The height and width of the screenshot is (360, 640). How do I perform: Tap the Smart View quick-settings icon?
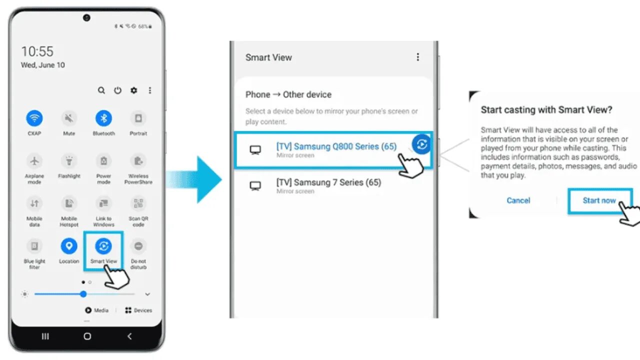pyautogui.click(x=103, y=246)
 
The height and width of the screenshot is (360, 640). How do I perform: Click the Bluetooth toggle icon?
pyautogui.click(x=103, y=118)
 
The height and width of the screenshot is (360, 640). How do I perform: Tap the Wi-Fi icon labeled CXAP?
pyautogui.click(x=34, y=118)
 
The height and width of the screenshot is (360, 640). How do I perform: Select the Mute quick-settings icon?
pyautogui.click(x=69, y=118)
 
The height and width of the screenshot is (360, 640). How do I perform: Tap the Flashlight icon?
pyautogui.click(x=69, y=161)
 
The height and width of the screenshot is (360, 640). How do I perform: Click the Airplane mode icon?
pyautogui.click(x=34, y=161)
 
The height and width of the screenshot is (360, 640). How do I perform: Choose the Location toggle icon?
pyautogui.click(x=69, y=246)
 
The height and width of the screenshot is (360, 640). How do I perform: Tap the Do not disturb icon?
pyautogui.click(x=138, y=246)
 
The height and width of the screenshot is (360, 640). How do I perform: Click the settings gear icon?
pyautogui.click(x=133, y=90)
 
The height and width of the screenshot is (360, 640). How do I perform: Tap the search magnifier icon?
pyautogui.click(x=101, y=90)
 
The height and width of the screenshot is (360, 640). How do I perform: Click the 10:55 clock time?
pyautogui.click(x=37, y=51)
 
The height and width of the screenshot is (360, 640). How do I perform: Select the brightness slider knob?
pyautogui.click(x=83, y=294)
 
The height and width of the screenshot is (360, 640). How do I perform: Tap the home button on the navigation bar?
pyautogui.click(x=87, y=336)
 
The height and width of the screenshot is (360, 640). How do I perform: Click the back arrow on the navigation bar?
pyautogui.click(x=129, y=336)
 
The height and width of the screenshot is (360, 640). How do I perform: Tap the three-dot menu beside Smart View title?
pyautogui.click(x=418, y=57)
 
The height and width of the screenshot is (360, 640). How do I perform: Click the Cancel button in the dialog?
pyautogui.click(x=518, y=200)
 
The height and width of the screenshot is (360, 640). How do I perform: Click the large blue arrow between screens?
pyautogui.click(x=200, y=179)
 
